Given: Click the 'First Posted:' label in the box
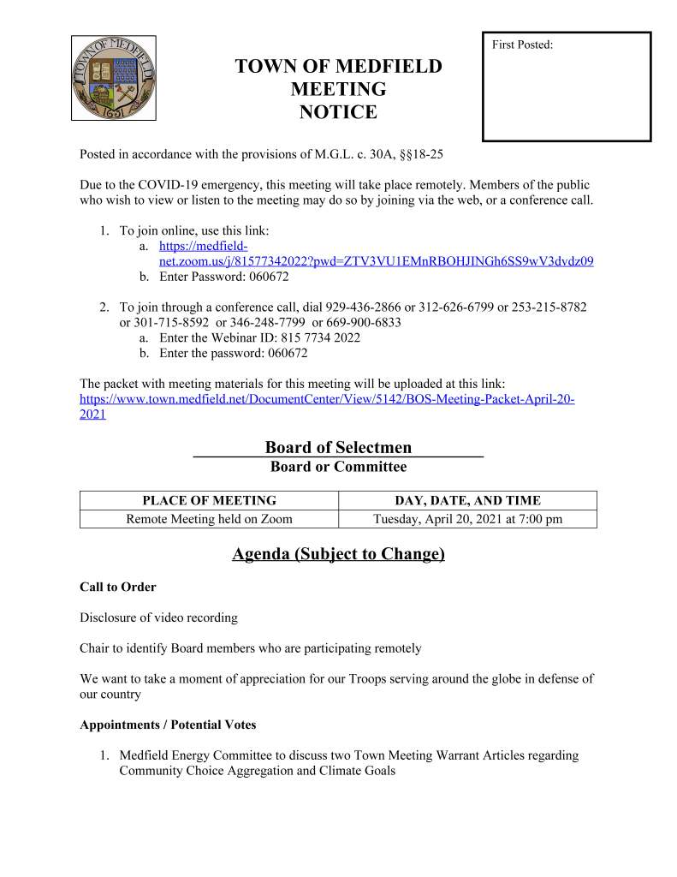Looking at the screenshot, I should (522, 45).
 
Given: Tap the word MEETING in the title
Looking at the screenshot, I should (338, 89).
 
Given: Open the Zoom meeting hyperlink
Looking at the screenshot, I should (376, 260).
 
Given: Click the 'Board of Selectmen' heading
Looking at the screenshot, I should (338, 447).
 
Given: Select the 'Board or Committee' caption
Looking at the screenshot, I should (338, 467).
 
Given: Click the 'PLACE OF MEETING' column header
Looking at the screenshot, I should (209, 500).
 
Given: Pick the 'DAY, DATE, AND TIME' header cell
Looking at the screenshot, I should (467, 500).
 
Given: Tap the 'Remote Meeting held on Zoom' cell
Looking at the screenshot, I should (209, 519).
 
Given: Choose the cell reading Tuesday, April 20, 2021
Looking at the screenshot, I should (467, 519).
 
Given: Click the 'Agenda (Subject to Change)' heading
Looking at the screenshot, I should (338, 554).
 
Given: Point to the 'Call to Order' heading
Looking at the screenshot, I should (118, 587).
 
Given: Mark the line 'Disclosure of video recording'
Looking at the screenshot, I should (158, 617).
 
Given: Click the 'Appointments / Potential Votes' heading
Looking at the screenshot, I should (168, 725).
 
